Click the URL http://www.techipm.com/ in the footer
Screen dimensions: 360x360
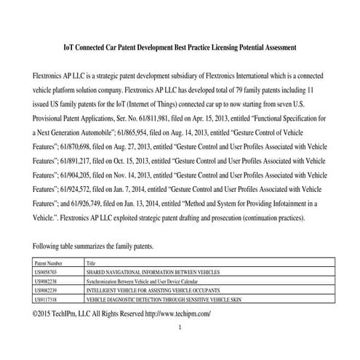[x=178, y=313]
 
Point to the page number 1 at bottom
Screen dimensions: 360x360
[x=180, y=328]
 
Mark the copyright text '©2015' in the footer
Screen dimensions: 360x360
[x=45, y=313]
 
